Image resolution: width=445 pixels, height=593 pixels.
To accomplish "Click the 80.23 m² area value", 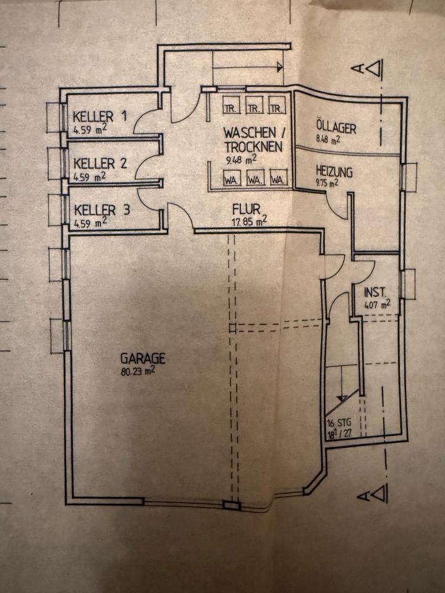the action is (137, 371).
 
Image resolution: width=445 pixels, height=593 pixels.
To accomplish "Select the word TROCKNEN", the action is (253, 147).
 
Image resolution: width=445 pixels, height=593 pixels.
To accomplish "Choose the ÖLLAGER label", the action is (336, 128).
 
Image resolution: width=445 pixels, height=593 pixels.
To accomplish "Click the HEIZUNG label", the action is (334, 171).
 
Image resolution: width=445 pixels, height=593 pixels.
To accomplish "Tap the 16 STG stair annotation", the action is (339, 424).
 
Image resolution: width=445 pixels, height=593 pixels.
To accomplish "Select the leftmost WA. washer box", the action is (232, 180).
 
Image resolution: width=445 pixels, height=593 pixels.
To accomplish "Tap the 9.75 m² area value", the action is (327, 183).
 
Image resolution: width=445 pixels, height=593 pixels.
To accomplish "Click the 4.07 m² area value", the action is (377, 304).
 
